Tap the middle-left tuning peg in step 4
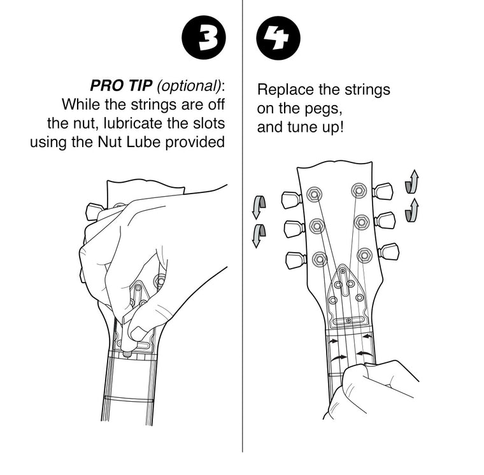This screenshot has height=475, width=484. (293, 229)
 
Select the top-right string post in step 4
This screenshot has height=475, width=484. (359, 191)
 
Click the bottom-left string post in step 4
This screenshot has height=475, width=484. (319, 259)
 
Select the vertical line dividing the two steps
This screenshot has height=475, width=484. (242, 255)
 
